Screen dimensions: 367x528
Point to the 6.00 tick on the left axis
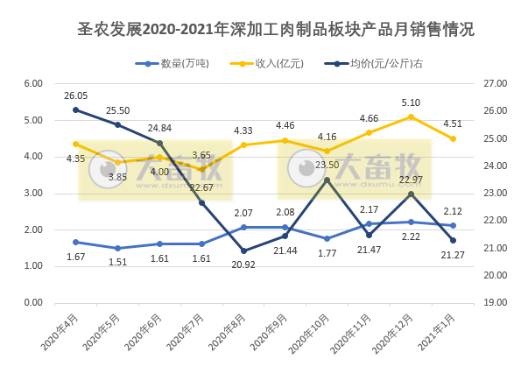coord(34,83)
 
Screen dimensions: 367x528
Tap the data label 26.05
coord(76,95)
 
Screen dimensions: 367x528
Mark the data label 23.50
coord(327,165)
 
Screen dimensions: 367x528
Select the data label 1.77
coord(327,254)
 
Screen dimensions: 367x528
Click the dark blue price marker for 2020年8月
coord(243,251)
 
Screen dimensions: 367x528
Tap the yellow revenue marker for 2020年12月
coord(411,116)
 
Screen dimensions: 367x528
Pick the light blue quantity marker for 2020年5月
coord(117,248)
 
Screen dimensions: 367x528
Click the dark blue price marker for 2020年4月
coord(75,109)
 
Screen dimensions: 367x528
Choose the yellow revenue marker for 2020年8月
coord(243,145)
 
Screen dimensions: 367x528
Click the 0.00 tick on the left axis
coord(34,302)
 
